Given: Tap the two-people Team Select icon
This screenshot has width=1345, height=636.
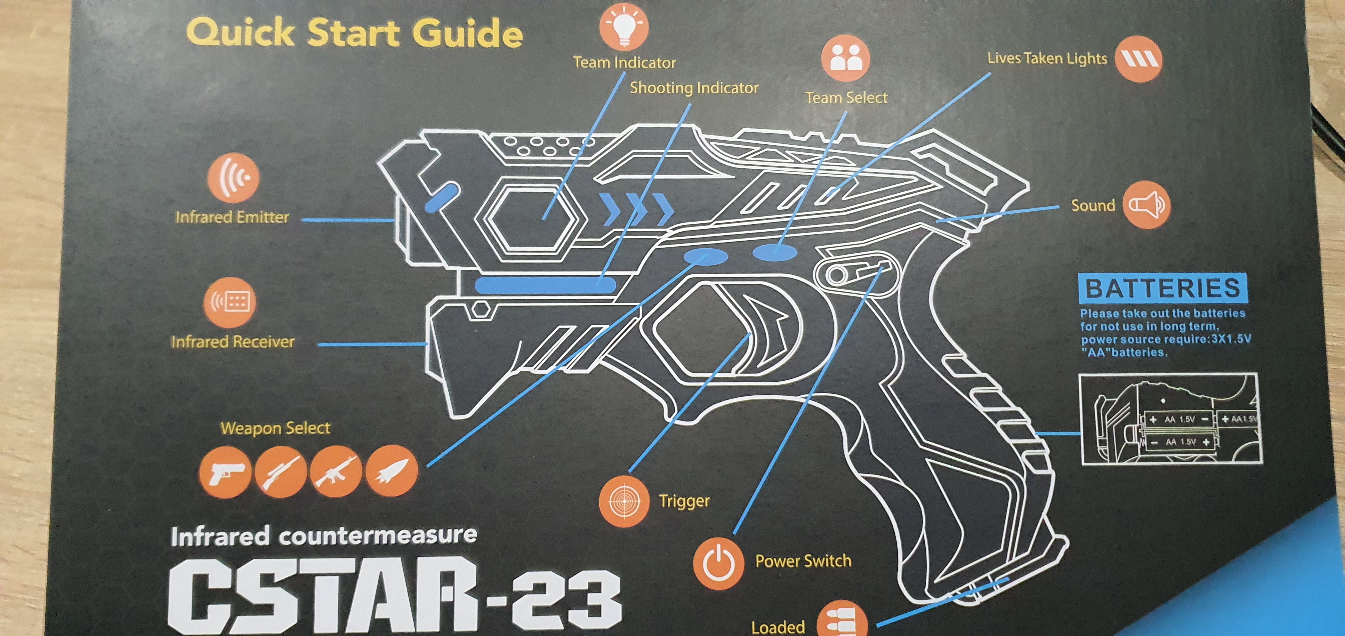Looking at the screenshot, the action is coord(845,58).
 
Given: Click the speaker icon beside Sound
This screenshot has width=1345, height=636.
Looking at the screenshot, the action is coord(1147,205).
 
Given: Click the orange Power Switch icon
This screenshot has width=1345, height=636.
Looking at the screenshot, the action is coord(718,563).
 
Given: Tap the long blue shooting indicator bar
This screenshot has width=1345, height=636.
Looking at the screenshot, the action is coord(546,285).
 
